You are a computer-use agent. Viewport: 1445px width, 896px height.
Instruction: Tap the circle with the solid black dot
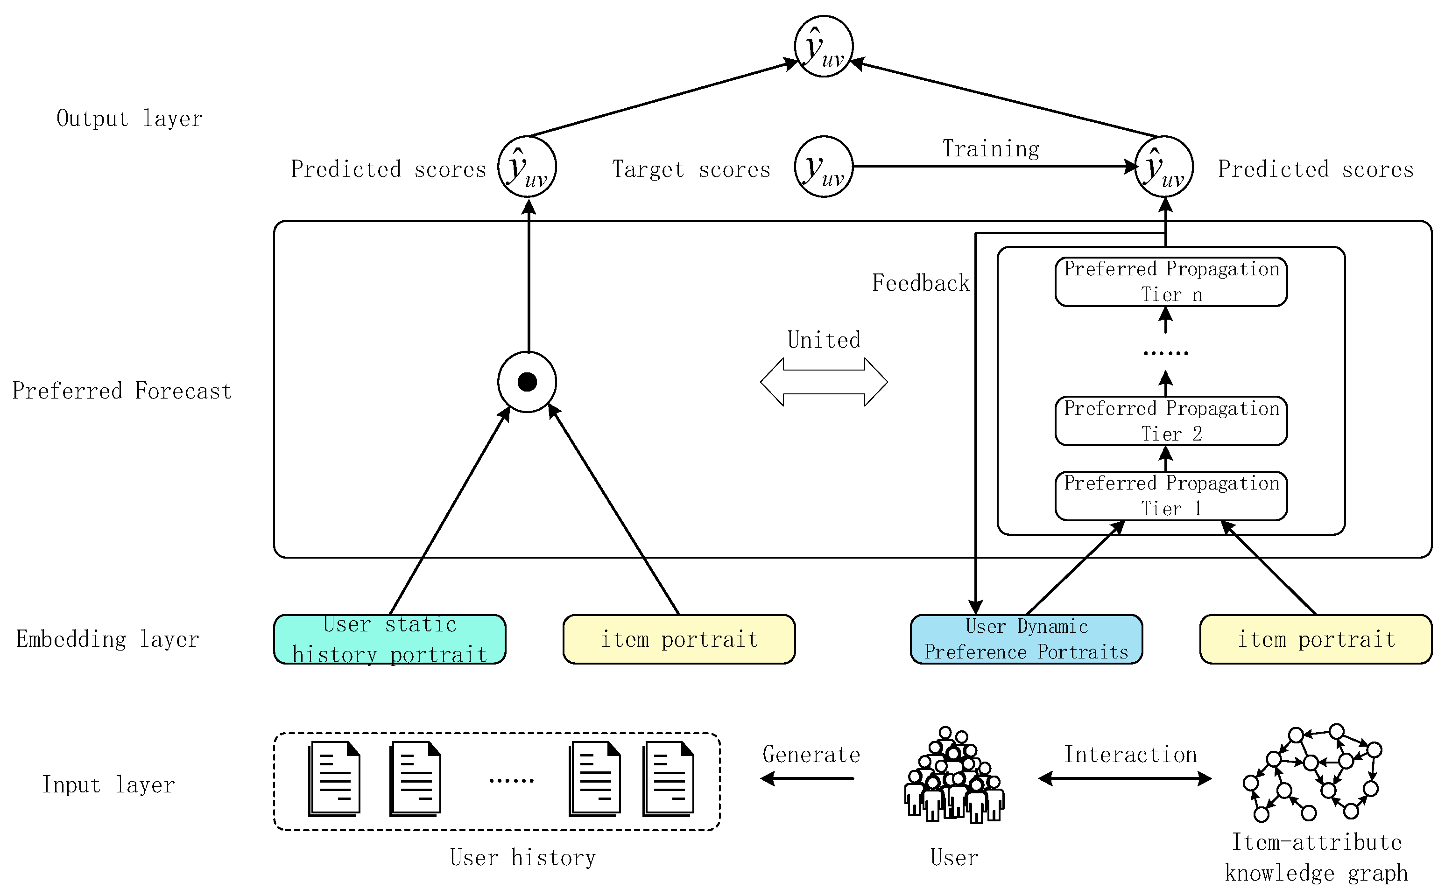(527, 382)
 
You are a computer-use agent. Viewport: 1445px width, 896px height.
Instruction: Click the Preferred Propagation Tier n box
(1170, 281)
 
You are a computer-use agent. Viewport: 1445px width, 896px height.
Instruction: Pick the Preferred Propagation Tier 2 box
(1170, 421)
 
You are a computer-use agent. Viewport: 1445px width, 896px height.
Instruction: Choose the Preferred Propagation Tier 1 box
(1170, 496)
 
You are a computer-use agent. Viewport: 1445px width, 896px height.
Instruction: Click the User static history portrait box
(389, 639)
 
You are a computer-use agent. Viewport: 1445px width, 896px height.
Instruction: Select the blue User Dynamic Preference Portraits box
(1026, 639)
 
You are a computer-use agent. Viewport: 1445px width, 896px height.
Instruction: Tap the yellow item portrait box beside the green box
(679, 639)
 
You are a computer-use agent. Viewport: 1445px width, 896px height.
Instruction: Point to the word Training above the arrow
(990, 148)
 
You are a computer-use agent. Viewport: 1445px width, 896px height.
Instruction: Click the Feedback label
(921, 283)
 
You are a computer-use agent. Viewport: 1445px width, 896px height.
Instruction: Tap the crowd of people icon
(954, 776)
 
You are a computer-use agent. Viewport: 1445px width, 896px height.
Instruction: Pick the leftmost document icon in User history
(334, 779)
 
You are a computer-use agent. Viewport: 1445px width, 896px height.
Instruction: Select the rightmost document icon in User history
(669, 779)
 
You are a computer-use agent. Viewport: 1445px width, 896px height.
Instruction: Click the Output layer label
(129, 119)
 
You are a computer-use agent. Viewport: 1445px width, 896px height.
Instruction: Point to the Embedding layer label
(107, 639)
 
